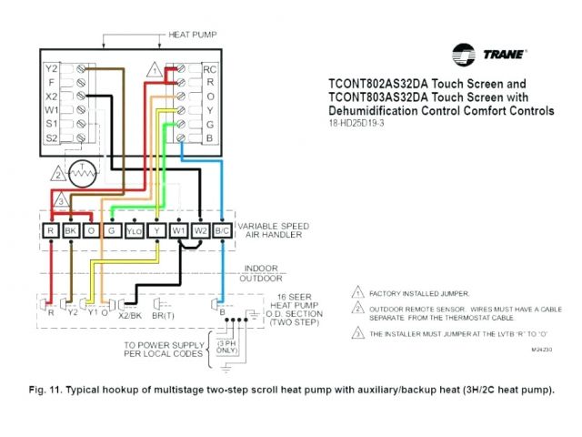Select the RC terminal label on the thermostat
(x=209, y=68)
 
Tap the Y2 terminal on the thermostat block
(x=53, y=68)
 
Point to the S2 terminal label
(x=53, y=137)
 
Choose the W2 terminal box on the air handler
(x=200, y=232)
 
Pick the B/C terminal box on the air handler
(x=222, y=232)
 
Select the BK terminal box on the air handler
(x=71, y=232)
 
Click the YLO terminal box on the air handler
(x=135, y=232)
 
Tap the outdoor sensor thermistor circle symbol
(x=84, y=171)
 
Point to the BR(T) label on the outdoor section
(x=165, y=313)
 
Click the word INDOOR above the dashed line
(x=257, y=269)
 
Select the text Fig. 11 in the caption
(x=46, y=389)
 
